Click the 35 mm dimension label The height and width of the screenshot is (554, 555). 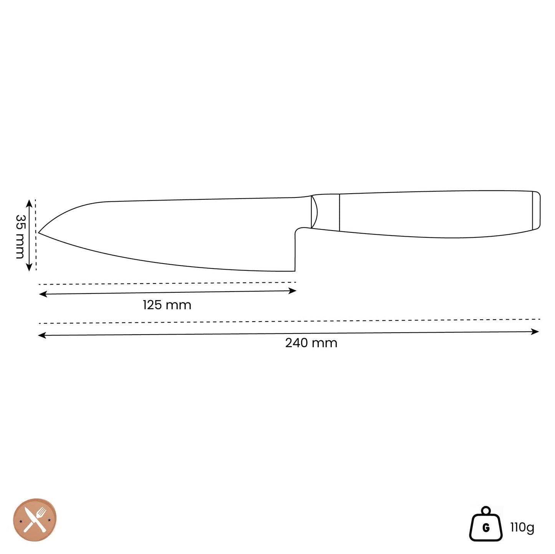(x=20, y=236)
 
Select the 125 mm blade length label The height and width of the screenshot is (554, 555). (x=167, y=305)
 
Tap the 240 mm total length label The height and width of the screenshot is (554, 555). (x=311, y=343)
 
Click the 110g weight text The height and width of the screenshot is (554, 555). (x=522, y=527)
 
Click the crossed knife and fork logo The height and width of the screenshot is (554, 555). (x=35, y=520)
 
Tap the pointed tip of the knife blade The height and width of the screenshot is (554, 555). (x=39, y=233)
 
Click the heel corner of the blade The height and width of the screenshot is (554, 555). (x=295, y=270)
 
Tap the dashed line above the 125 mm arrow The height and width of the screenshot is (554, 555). (x=167, y=283)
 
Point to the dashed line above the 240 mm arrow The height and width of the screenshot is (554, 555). (x=288, y=321)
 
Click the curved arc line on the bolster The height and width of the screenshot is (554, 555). (x=316, y=211)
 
